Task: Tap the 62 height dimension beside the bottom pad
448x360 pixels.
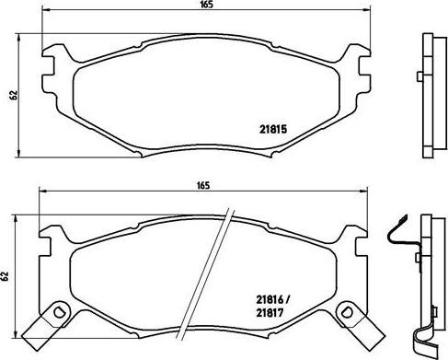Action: click(8, 275)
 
